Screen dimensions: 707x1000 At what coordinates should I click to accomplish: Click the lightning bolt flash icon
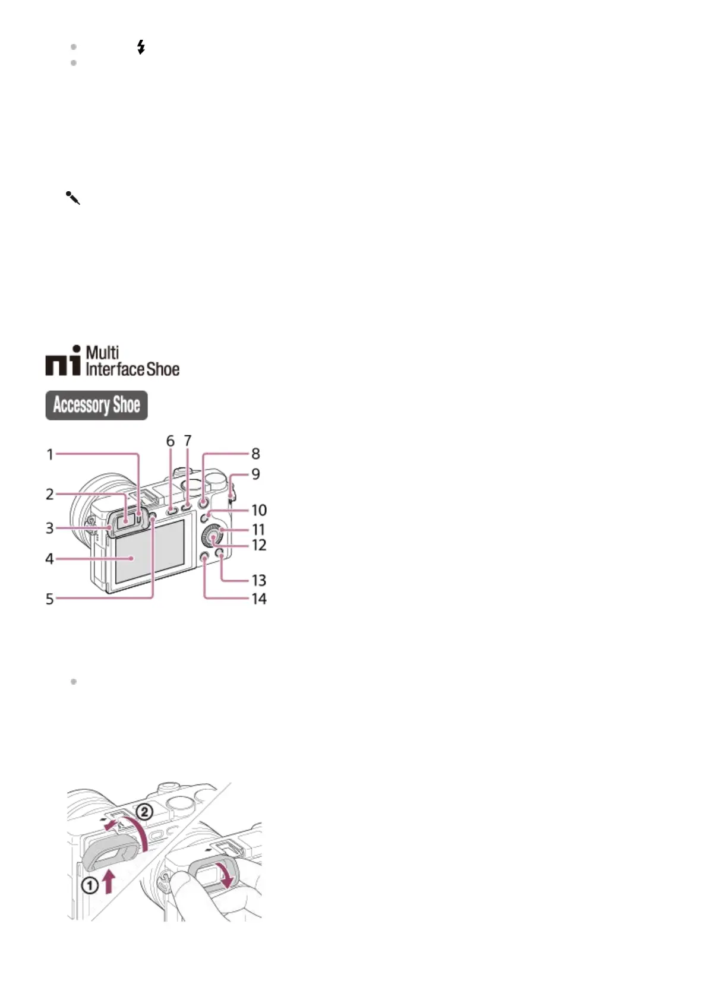141,47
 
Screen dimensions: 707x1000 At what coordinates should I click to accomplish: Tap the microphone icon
72,198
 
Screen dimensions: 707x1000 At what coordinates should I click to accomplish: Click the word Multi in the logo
102,352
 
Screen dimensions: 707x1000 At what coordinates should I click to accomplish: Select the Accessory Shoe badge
96,405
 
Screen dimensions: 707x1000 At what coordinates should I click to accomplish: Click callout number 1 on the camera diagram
50,455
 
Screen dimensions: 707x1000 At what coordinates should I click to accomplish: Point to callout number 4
50,559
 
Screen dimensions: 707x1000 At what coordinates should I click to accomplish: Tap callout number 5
50,599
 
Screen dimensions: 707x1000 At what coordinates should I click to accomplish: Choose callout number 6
171,441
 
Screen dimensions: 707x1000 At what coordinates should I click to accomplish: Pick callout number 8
255,454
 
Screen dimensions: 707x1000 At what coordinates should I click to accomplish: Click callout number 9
255,474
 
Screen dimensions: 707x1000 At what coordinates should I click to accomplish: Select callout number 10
258,510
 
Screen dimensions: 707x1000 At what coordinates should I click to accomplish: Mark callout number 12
258,545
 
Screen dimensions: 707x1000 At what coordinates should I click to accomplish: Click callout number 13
258,580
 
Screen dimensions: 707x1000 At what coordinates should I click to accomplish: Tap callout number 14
258,599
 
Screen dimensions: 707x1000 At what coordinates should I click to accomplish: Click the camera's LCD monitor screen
149,552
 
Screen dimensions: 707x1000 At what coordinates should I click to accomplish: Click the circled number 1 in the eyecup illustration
90,886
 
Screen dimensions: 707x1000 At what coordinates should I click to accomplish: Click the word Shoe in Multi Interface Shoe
163,369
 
